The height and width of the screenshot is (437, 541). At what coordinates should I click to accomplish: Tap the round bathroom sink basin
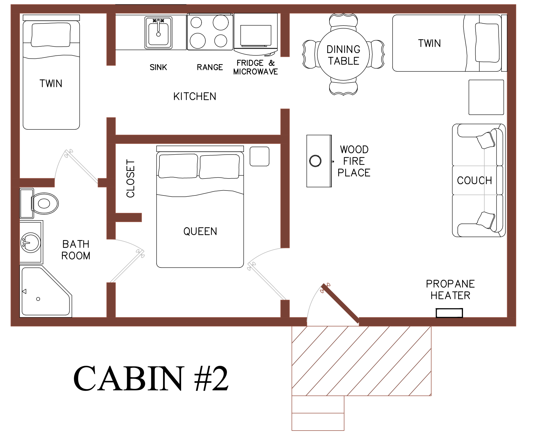(30, 242)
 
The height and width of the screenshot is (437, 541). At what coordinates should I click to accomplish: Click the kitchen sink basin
(158, 33)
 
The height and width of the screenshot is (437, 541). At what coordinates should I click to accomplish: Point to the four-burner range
(210, 32)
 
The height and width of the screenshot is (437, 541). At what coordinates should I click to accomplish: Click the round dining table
(344, 55)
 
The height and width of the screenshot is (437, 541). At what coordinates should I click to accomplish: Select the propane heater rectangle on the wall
(449, 313)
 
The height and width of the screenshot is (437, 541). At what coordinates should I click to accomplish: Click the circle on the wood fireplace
(315, 161)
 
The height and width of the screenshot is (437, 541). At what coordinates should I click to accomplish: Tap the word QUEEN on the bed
(200, 231)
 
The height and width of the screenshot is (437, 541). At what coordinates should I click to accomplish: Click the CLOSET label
(131, 178)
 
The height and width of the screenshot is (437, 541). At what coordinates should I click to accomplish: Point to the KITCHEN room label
(195, 96)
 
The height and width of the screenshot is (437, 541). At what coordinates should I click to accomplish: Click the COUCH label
(474, 180)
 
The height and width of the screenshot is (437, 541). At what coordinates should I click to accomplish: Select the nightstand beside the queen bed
(259, 156)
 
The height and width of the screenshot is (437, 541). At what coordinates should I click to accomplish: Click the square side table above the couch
(486, 97)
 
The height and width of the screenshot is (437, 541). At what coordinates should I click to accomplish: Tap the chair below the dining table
(344, 87)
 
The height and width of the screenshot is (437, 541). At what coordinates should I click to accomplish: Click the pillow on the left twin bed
(51, 35)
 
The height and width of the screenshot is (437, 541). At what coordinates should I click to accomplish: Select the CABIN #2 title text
(151, 378)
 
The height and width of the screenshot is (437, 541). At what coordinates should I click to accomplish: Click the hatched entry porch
(362, 361)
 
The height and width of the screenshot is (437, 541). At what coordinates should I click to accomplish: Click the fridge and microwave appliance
(256, 34)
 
